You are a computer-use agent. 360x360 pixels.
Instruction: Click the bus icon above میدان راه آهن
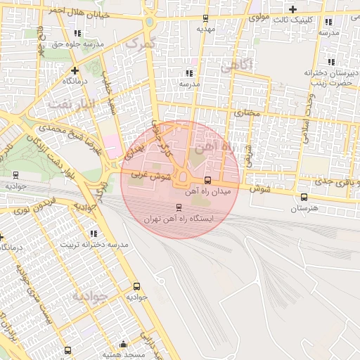point(206,180)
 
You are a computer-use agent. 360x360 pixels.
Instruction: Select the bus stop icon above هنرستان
point(304,197)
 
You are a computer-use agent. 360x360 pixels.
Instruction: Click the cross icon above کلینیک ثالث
point(292,8)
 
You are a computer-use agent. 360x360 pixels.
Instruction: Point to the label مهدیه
point(205,30)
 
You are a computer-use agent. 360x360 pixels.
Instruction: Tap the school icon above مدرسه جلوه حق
point(77,32)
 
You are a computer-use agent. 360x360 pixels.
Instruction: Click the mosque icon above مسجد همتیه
point(124,344)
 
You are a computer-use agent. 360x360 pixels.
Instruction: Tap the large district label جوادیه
point(89,296)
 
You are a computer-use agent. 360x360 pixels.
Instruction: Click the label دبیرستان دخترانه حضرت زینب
point(328,77)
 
